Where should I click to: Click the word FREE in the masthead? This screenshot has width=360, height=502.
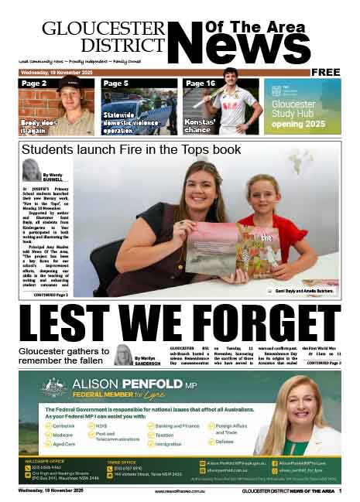pyautogui.click(x=326, y=72)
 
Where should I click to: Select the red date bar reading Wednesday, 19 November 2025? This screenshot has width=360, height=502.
pyautogui.click(x=57, y=72)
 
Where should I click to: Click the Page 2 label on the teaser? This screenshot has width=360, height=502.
pyautogui.click(x=35, y=83)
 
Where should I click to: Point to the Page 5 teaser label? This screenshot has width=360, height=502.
pyautogui.click(x=115, y=83)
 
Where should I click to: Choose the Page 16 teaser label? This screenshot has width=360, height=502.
pyautogui.click(x=200, y=83)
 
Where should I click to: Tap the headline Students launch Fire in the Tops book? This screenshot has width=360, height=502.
pyautogui.click(x=131, y=149)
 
